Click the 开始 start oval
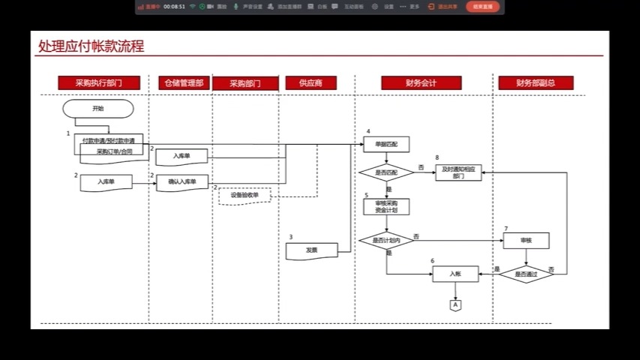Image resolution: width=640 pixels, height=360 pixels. (98, 109)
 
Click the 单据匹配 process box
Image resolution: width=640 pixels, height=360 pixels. (386, 143)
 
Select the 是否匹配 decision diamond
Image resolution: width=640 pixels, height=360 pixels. (386, 172)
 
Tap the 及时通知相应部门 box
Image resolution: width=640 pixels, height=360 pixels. (458, 172)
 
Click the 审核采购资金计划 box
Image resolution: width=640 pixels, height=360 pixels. (386, 206)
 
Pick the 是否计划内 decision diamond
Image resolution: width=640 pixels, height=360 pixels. (386, 241)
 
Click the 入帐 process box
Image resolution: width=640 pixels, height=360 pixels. (455, 274)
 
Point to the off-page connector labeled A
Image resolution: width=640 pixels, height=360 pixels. (455, 304)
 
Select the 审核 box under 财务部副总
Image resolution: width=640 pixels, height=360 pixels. (526, 241)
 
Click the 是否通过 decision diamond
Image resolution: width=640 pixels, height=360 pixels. (526, 274)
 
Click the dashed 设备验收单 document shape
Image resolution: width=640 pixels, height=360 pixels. (245, 196)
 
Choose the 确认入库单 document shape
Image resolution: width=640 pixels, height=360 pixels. (182, 182)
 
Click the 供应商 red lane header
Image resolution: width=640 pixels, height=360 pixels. (311, 83)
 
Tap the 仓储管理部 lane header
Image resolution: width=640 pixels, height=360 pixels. (184, 83)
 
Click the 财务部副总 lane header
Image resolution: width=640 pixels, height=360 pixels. (536, 83)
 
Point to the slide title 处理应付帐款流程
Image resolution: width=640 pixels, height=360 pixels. (92, 46)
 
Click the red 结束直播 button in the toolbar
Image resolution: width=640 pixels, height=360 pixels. (482, 6)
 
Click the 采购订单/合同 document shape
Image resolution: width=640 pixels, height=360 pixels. (114, 152)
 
